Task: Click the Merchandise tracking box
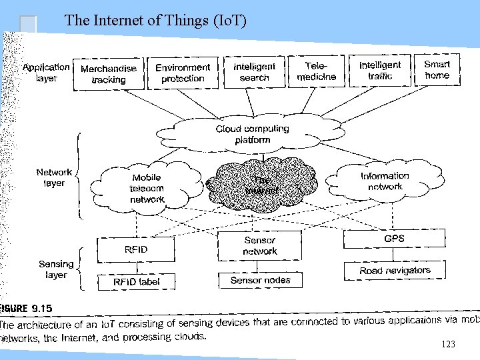coord(109,73)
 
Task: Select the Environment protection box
coord(183,73)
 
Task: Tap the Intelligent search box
coord(254,71)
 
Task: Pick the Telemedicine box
coord(316,71)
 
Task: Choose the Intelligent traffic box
coord(380,70)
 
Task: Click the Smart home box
coord(437,69)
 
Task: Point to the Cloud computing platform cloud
coord(252,134)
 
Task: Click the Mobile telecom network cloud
coord(147,188)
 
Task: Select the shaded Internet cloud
coord(261,185)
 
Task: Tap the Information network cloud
coord(385,181)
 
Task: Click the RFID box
coord(136,250)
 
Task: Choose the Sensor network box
coord(259,245)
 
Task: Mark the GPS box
coord(394,239)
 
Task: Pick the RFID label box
coord(136,281)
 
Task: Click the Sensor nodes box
coord(260,280)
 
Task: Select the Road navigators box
coord(395,271)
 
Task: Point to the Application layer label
coord(46,72)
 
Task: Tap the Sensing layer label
coord(56,269)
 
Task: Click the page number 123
coord(448,344)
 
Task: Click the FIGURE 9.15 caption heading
coord(27,309)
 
